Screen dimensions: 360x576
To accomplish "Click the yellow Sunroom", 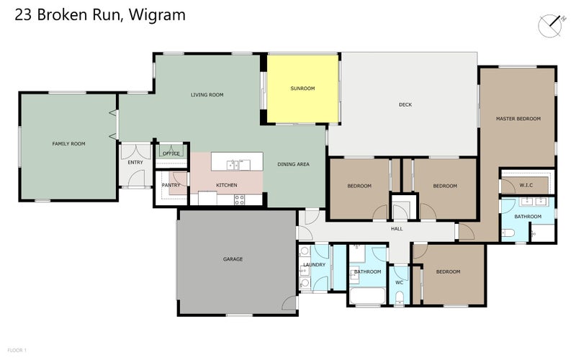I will coord(302,89).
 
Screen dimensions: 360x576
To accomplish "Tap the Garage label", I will coord(233,259).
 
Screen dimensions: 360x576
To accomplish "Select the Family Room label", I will coord(68,144).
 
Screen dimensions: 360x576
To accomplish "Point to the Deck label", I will coord(405,105).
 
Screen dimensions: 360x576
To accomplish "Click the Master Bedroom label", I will coord(518,118).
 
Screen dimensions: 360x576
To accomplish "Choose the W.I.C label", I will coord(526,185).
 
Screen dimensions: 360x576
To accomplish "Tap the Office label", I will coord(171,153).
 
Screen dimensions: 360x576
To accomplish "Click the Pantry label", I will coord(171,185).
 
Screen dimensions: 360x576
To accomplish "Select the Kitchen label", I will coord(227,185).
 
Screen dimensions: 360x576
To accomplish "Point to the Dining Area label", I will coord(293,164).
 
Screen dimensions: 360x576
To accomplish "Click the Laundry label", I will coord(315,265).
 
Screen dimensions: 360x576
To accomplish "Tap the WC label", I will coord(399,282).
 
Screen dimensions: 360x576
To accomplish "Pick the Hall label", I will coord(397,229).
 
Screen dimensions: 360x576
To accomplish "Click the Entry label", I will coord(135,162).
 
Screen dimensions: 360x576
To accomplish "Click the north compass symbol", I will coord(552,25).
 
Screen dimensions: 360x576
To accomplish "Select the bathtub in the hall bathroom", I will coord(367,295).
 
